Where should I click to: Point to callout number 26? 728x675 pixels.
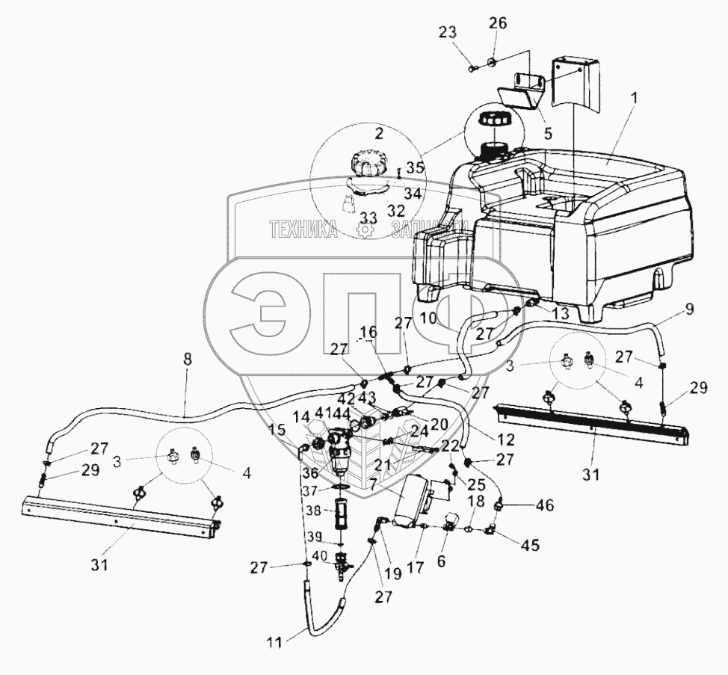pos(498,24)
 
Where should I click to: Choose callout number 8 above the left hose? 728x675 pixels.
pos(187,359)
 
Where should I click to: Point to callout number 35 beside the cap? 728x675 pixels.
pos(416,168)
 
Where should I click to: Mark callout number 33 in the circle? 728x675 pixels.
pos(367,218)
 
